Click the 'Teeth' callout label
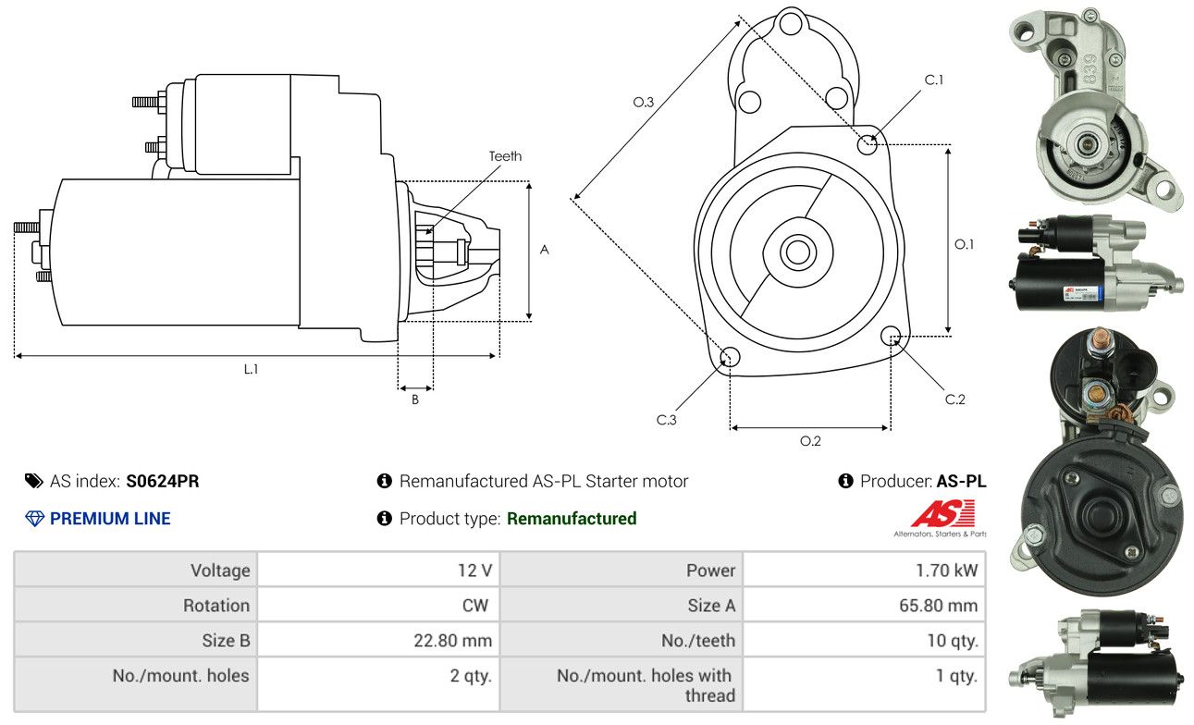click(505, 156)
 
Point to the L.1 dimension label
click(251, 369)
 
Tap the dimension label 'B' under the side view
click(415, 399)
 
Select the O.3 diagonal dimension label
click(644, 102)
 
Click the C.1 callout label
click(934, 80)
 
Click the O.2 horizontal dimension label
click(810, 441)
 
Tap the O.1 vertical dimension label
click(965, 244)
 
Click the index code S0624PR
click(163, 481)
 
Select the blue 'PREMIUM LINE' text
click(110, 519)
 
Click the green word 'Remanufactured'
click(572, 519)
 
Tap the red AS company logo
click(942, 514)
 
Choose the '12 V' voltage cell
click(474, 571)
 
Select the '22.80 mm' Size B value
click(452, 640)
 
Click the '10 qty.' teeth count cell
click(952, 640)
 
